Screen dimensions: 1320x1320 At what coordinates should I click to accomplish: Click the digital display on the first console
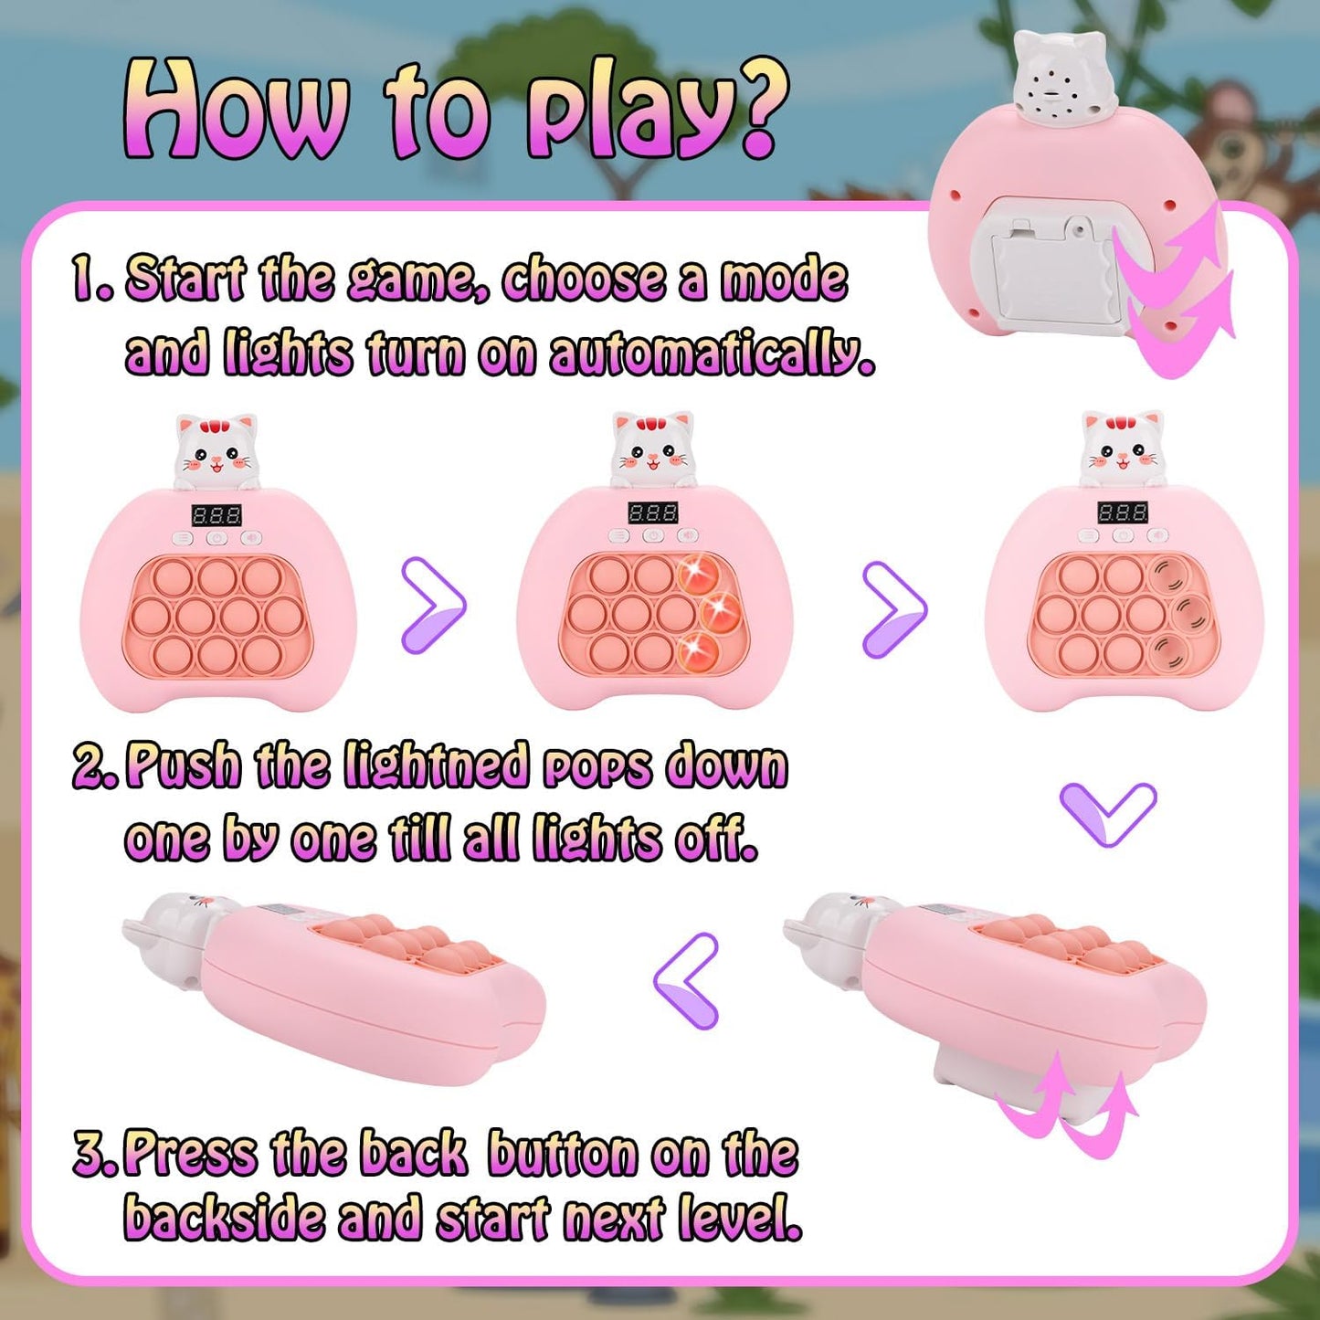click(x=216, y=516)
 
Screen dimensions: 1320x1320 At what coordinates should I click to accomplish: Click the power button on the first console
click(x=217, y=538)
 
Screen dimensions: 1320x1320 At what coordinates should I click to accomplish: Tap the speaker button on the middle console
click(x=687, y=536)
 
